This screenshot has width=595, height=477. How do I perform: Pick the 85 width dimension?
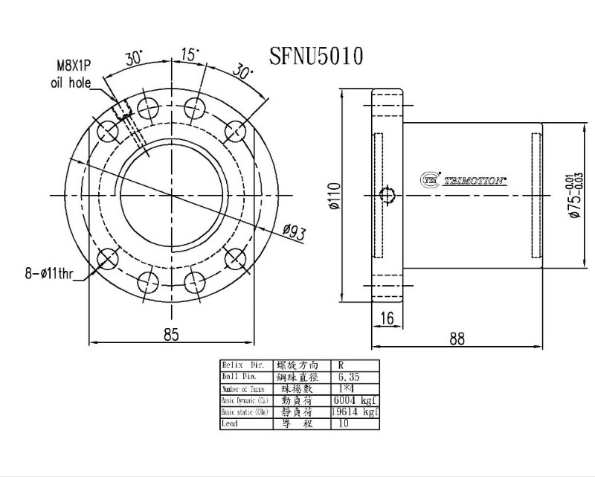[x=171, y=335]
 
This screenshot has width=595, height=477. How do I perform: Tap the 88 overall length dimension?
[x=457, y=339]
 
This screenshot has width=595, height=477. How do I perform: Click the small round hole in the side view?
[x=387, y=196]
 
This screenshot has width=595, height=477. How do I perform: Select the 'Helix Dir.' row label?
[x=242, y=365]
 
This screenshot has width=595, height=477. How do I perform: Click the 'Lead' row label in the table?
[x=231, y=423]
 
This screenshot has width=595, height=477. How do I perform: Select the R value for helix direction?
[x=341, y=365]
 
